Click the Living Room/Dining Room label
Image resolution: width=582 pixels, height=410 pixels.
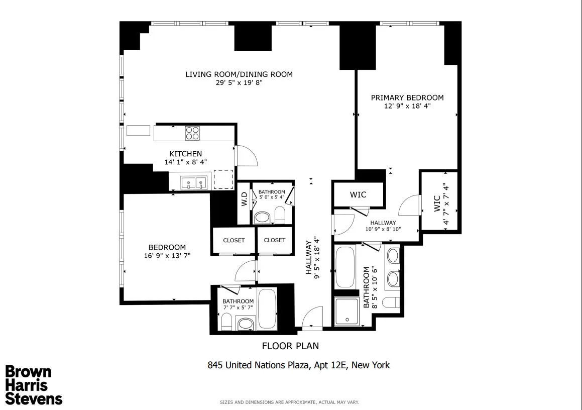(x=239, y=74)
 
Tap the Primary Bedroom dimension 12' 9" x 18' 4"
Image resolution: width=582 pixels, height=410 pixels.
(x=407, y=106)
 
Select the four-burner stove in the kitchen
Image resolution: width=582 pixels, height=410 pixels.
(x=192, y=133)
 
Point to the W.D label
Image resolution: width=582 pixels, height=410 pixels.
(x=244, y=199)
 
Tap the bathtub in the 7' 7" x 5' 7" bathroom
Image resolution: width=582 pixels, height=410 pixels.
(x=267, y=309)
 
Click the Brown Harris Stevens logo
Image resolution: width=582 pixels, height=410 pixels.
(x=34, y=385)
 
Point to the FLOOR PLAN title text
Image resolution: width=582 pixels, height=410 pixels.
(x=290, y=346)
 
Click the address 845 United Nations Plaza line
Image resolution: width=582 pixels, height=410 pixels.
(x=298, y=365)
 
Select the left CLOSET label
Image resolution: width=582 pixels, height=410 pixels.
(x=234, y=240)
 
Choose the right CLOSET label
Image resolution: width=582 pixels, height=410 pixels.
(x=274, y=240)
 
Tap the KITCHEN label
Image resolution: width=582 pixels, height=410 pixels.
(x=185, y=154)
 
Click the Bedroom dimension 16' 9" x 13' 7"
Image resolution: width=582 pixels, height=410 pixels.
(x=167, y=255)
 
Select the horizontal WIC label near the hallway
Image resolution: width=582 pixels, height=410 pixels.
(x=358, y=194)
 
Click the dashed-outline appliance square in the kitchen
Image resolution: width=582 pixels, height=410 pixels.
(x=223, y=179)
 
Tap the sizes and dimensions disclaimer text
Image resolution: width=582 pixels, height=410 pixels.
(x=290, y=402)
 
